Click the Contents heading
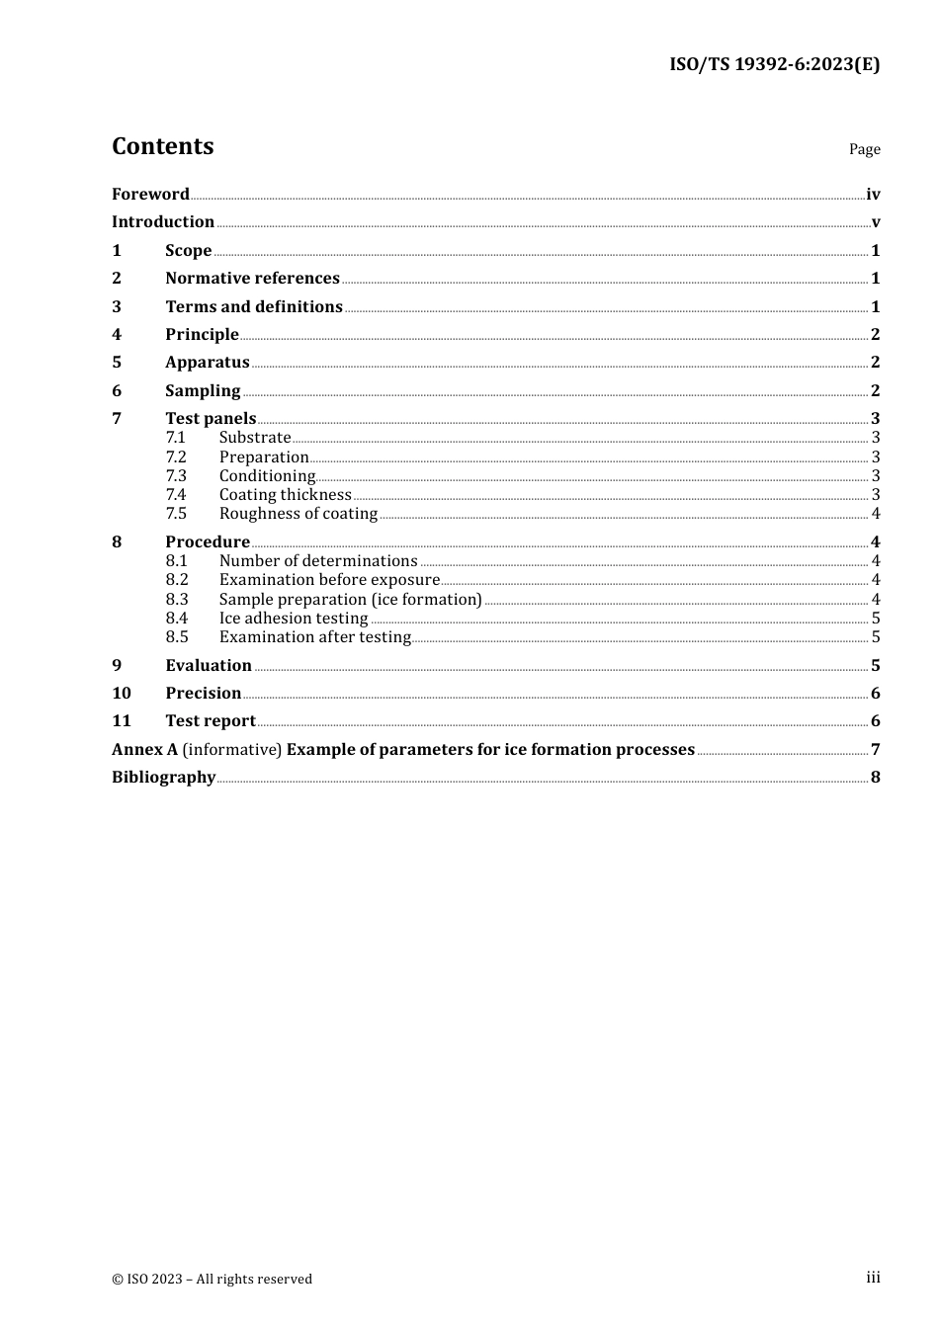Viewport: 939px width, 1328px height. [162, 146]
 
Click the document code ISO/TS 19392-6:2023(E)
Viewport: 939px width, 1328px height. [774, 65]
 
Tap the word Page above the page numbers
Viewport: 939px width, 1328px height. [864, 149]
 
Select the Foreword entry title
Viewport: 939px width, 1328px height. [150, 195]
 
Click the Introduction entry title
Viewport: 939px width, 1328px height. [163, 222]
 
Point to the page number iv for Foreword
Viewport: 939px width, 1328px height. [873, 195]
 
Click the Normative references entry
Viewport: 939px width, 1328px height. [252, 279]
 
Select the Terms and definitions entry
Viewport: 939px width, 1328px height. [254, 307]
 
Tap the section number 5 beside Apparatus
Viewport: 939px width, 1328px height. [117, 363]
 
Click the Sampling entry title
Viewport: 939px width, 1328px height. [203, 391]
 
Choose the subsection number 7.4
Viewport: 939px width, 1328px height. [176, 495]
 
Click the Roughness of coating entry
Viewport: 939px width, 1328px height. [299, 514]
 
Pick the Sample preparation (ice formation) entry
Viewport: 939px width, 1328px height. [350, 600]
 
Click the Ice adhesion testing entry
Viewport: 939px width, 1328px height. [294, 619]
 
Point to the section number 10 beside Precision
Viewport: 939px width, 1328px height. [122, 694]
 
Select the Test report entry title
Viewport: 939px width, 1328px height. [211, 721]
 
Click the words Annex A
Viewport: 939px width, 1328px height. [144, 750]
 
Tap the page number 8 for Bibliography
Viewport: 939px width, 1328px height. [875, 778]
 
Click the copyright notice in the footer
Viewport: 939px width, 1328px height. [212, 1280]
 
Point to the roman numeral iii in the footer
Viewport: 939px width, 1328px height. [873, 1278]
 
